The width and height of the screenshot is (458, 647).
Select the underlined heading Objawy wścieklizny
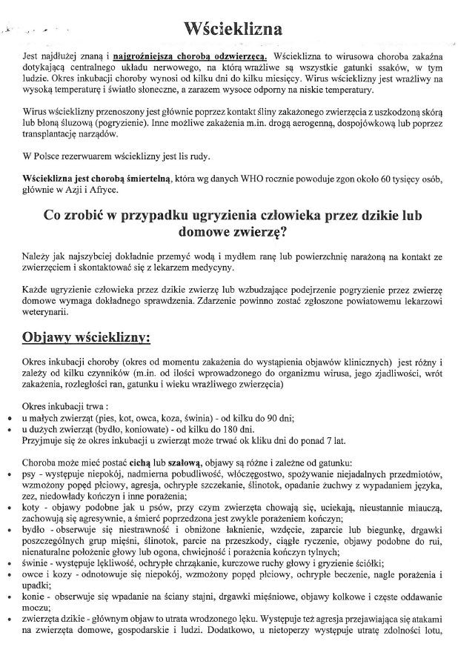(x=86, y=336)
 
